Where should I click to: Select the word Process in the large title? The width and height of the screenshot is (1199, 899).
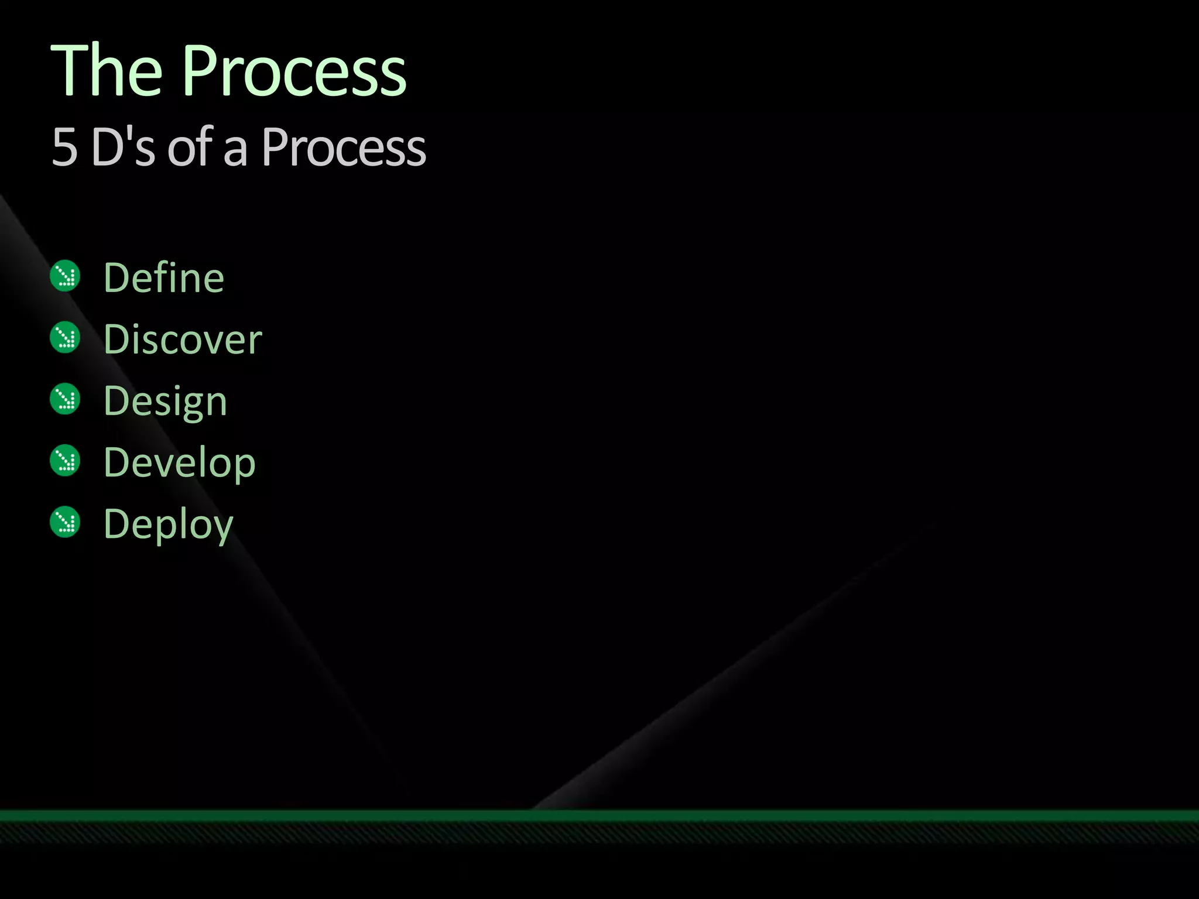click(294, 71)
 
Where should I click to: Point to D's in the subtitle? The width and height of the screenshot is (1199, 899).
click(124, 146)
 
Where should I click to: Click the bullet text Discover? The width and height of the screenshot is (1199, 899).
click(183, 339)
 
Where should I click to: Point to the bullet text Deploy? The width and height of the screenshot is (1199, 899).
click(169, 525)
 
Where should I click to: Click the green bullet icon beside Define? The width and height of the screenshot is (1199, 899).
click(65, 276)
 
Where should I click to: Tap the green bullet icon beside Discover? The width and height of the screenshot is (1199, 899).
click(65, 338)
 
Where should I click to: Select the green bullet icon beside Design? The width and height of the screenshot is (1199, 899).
click(65, 399)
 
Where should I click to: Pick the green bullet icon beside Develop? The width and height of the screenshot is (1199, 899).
click(65, 461)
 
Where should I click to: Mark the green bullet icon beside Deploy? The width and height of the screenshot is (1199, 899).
click(65, 522)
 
